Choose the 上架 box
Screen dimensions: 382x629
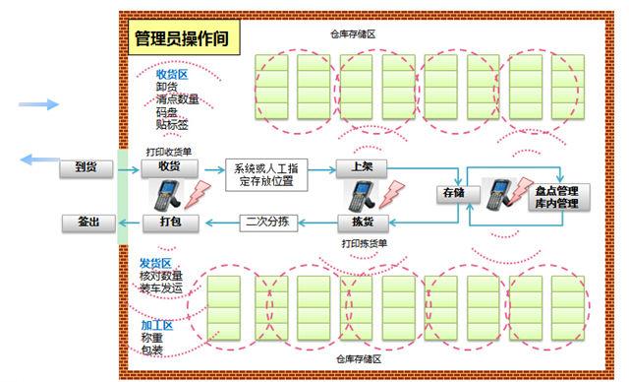tap(361, 166)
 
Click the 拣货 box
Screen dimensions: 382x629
tap(361, 222)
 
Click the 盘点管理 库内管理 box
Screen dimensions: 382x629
tap(555, 197)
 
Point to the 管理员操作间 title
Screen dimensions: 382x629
tap(182, 40)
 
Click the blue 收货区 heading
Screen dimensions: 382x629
tap(172, 74)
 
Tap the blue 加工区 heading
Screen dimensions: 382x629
tap(157, 325)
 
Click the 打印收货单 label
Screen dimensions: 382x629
tap(168, 151)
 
